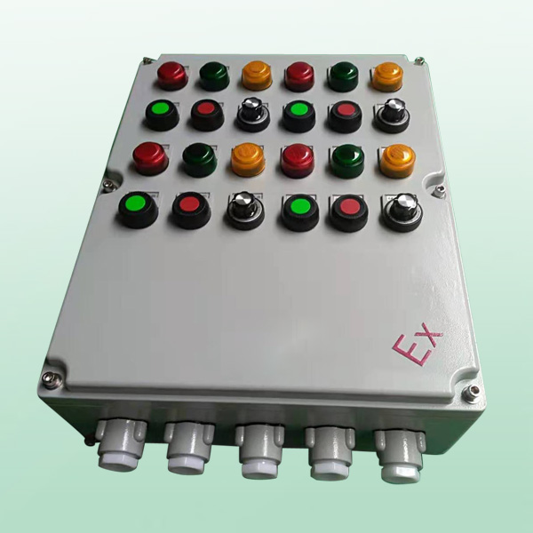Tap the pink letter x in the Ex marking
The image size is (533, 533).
pyautogui.click(x=431, y=335)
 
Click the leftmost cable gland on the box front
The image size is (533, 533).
pyautogui.click(x=121, y=445)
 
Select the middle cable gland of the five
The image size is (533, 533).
pyautogui.click(x=260, y=450)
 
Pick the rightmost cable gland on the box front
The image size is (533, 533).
pyautogui.click(x=401, y=456)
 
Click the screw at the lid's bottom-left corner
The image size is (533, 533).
pyautogui.click(x=52, y=379)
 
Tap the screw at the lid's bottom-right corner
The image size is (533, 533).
pyautogui.click(x=472, y=394)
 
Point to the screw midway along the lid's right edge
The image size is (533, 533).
pyautogui.click(x=440, y=190)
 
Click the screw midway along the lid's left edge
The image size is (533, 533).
pyautogui.click(x=109, y=186)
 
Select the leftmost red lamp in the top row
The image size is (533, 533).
pyautogui.click(x=172, y=76)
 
